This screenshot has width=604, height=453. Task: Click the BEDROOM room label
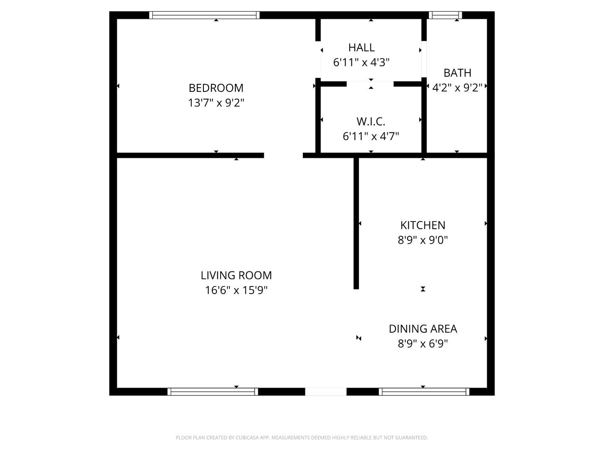(216, 88)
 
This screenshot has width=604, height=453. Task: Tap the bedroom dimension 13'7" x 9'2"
(216, 103)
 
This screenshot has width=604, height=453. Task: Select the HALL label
(361, 47)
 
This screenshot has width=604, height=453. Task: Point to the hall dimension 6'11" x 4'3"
(361, 62)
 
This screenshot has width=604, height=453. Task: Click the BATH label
(457, 73)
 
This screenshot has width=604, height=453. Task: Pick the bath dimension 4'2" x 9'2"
(457, 88)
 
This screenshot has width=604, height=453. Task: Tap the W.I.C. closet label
(371, 122)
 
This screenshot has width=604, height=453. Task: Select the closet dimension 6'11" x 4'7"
(371, 136)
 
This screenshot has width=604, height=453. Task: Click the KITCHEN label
(423, 225)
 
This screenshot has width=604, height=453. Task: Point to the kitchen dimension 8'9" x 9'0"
(423, 240)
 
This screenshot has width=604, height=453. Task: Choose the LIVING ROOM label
(236, 275)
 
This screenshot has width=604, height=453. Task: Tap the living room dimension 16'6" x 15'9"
(236, 290)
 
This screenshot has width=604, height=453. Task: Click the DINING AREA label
(423, 329)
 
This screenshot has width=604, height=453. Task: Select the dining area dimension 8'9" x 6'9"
(423, 344)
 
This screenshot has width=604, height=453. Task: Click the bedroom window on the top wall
(204, 15)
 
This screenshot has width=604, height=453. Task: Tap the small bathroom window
(445, 15)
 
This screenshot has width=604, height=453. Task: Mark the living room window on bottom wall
(213, 392)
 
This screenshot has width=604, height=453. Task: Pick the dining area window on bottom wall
(424, 392)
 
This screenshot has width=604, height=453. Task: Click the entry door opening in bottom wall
(325, 392)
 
